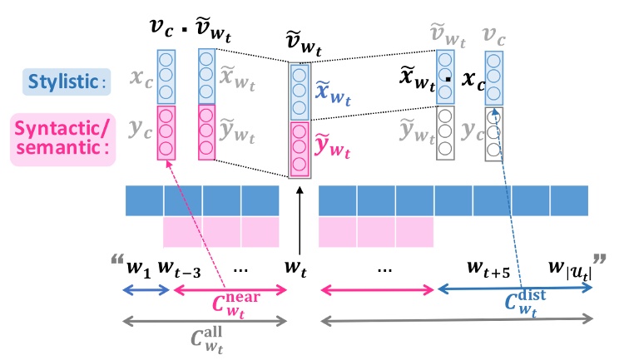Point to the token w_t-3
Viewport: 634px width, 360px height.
(179, 271)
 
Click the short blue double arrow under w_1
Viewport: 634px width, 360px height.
(146, 290)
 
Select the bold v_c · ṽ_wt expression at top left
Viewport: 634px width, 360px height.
(189, 33)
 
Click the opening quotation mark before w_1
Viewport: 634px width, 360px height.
(116, 261)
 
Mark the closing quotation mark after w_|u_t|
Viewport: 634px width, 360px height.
(599, 261)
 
